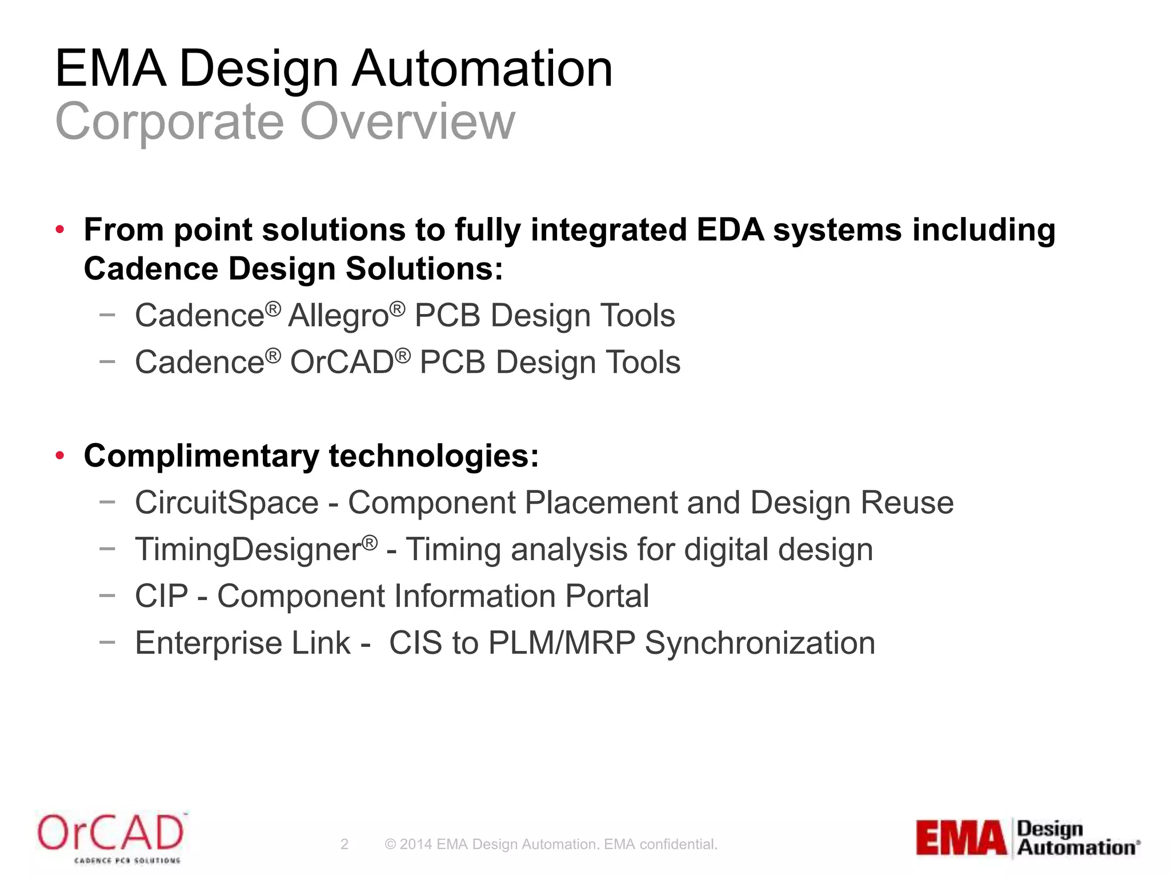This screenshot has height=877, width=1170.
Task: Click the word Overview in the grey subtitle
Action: click(x=407, y=121)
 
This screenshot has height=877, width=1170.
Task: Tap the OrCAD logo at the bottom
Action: click(x=111, y=837)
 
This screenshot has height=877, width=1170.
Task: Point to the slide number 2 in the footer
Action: click(x=344, y=844)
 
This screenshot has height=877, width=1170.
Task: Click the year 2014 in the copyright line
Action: click(x=416, y=844)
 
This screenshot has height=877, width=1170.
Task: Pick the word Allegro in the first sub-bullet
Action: click(x=338, y=316)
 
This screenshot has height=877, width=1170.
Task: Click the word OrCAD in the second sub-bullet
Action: click(x=342, y=363)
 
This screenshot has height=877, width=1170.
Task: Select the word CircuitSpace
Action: click(x=226, y=503)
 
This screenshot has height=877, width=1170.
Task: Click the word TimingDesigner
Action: click(x=247, y=550)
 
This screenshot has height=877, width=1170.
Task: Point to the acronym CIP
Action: click(x=161, y=597)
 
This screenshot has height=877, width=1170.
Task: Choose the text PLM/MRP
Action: click(x=562, y=643)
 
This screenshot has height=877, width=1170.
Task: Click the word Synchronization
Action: click(x=760, y=643)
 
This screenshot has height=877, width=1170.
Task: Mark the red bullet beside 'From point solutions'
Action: click(x=60, y=230)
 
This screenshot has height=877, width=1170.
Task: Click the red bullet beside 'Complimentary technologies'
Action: click(x=60, y=456)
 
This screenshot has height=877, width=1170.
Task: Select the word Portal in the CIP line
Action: click(x=607, y=597)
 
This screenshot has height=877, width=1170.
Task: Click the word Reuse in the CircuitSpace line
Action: click(x=907, y=503)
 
